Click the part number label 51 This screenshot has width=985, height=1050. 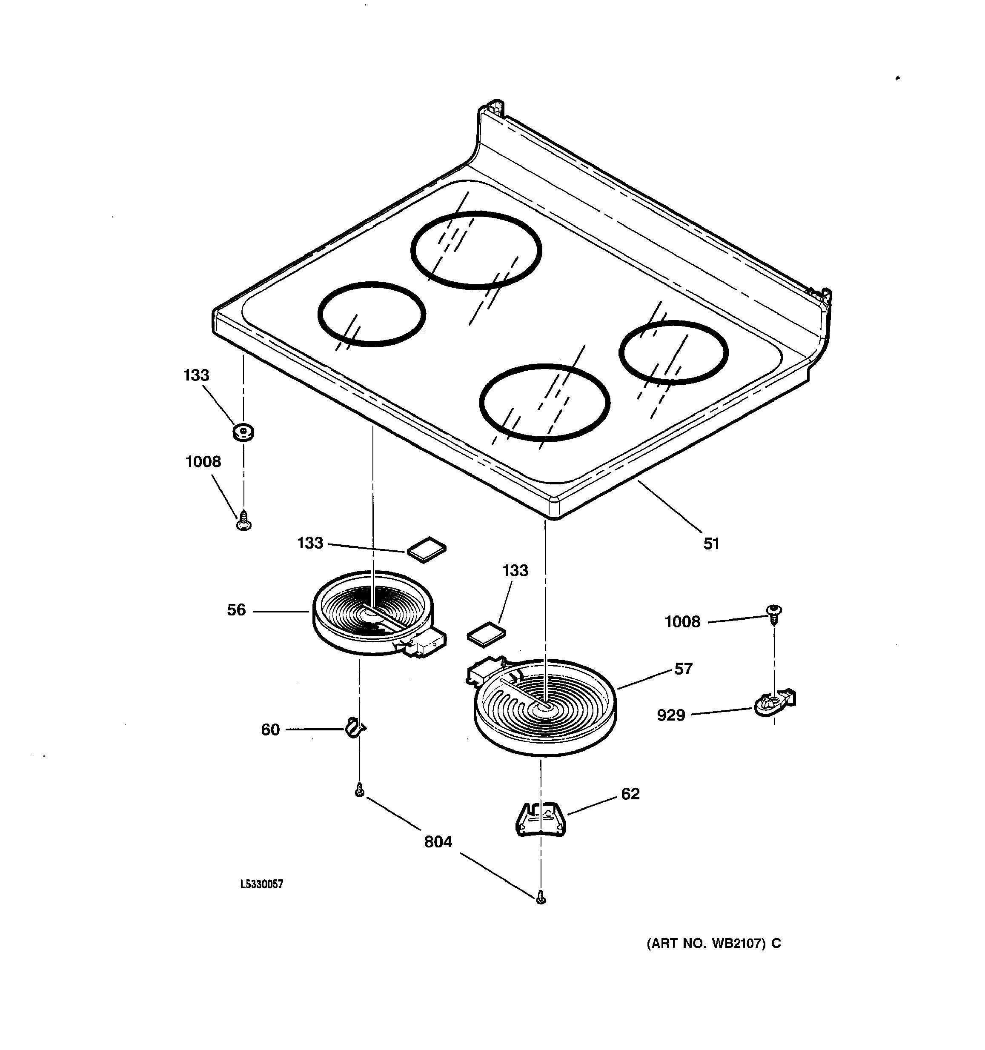(711, 544)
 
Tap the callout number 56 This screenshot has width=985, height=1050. (236, 610)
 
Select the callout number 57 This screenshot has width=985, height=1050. (683, 669)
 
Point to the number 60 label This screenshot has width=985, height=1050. (270, 730)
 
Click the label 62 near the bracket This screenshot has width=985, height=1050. (630, 794)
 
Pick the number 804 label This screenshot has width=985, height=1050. (438, 841)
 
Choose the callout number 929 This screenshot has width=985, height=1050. (671, 715)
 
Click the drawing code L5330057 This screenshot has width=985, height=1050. (261, 884)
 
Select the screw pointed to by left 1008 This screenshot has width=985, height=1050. (243, 520)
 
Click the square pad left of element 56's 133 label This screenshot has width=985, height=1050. (426, 551)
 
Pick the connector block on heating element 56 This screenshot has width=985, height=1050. (425, 645)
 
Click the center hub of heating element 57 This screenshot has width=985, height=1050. (544, 705)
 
